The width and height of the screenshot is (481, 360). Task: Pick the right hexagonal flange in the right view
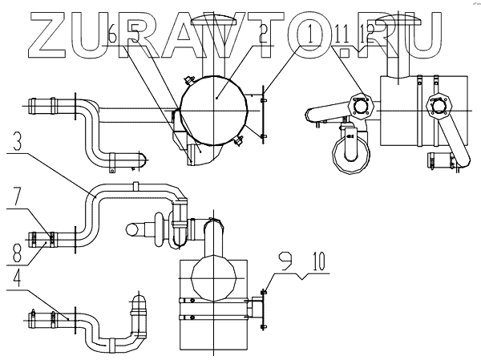[x=436, y=105]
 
